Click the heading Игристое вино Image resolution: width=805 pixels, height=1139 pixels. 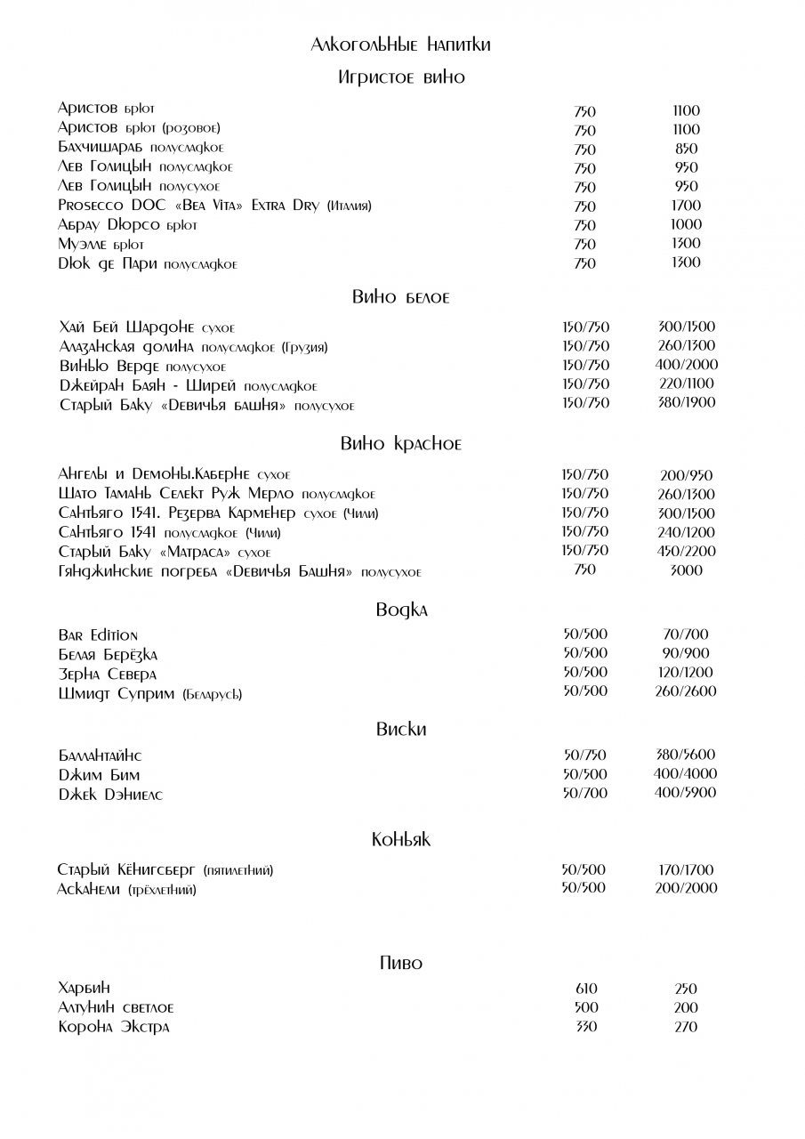point(401,77)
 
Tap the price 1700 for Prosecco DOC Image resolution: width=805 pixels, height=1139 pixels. point(687,206)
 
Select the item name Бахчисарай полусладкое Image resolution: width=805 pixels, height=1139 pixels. point(141,149)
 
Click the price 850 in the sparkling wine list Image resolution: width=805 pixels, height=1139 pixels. point(687,149)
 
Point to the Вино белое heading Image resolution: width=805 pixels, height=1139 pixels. point(401,297)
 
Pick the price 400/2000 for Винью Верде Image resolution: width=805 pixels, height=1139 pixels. point(687,365)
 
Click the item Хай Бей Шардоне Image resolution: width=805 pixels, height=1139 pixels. point(147,327)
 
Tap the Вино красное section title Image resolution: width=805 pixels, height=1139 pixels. point(401,444)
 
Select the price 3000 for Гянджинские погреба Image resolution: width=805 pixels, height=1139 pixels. point(687,570)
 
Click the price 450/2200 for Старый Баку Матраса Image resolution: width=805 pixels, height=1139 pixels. point(687,551)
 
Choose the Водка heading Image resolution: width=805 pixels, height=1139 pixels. point(401,610)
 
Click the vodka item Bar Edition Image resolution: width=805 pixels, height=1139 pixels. point(98,635)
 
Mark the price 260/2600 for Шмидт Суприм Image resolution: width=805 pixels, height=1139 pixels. point(685,691)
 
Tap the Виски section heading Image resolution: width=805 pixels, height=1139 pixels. point(401,730)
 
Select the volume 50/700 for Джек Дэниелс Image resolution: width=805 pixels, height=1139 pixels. point(584,793)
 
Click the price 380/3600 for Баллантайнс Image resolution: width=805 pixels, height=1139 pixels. point(685,755)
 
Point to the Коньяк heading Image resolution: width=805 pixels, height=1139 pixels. point(401,839)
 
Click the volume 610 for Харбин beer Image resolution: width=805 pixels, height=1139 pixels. point(586,989)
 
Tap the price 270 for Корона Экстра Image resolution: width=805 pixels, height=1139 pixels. point(686,1027)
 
